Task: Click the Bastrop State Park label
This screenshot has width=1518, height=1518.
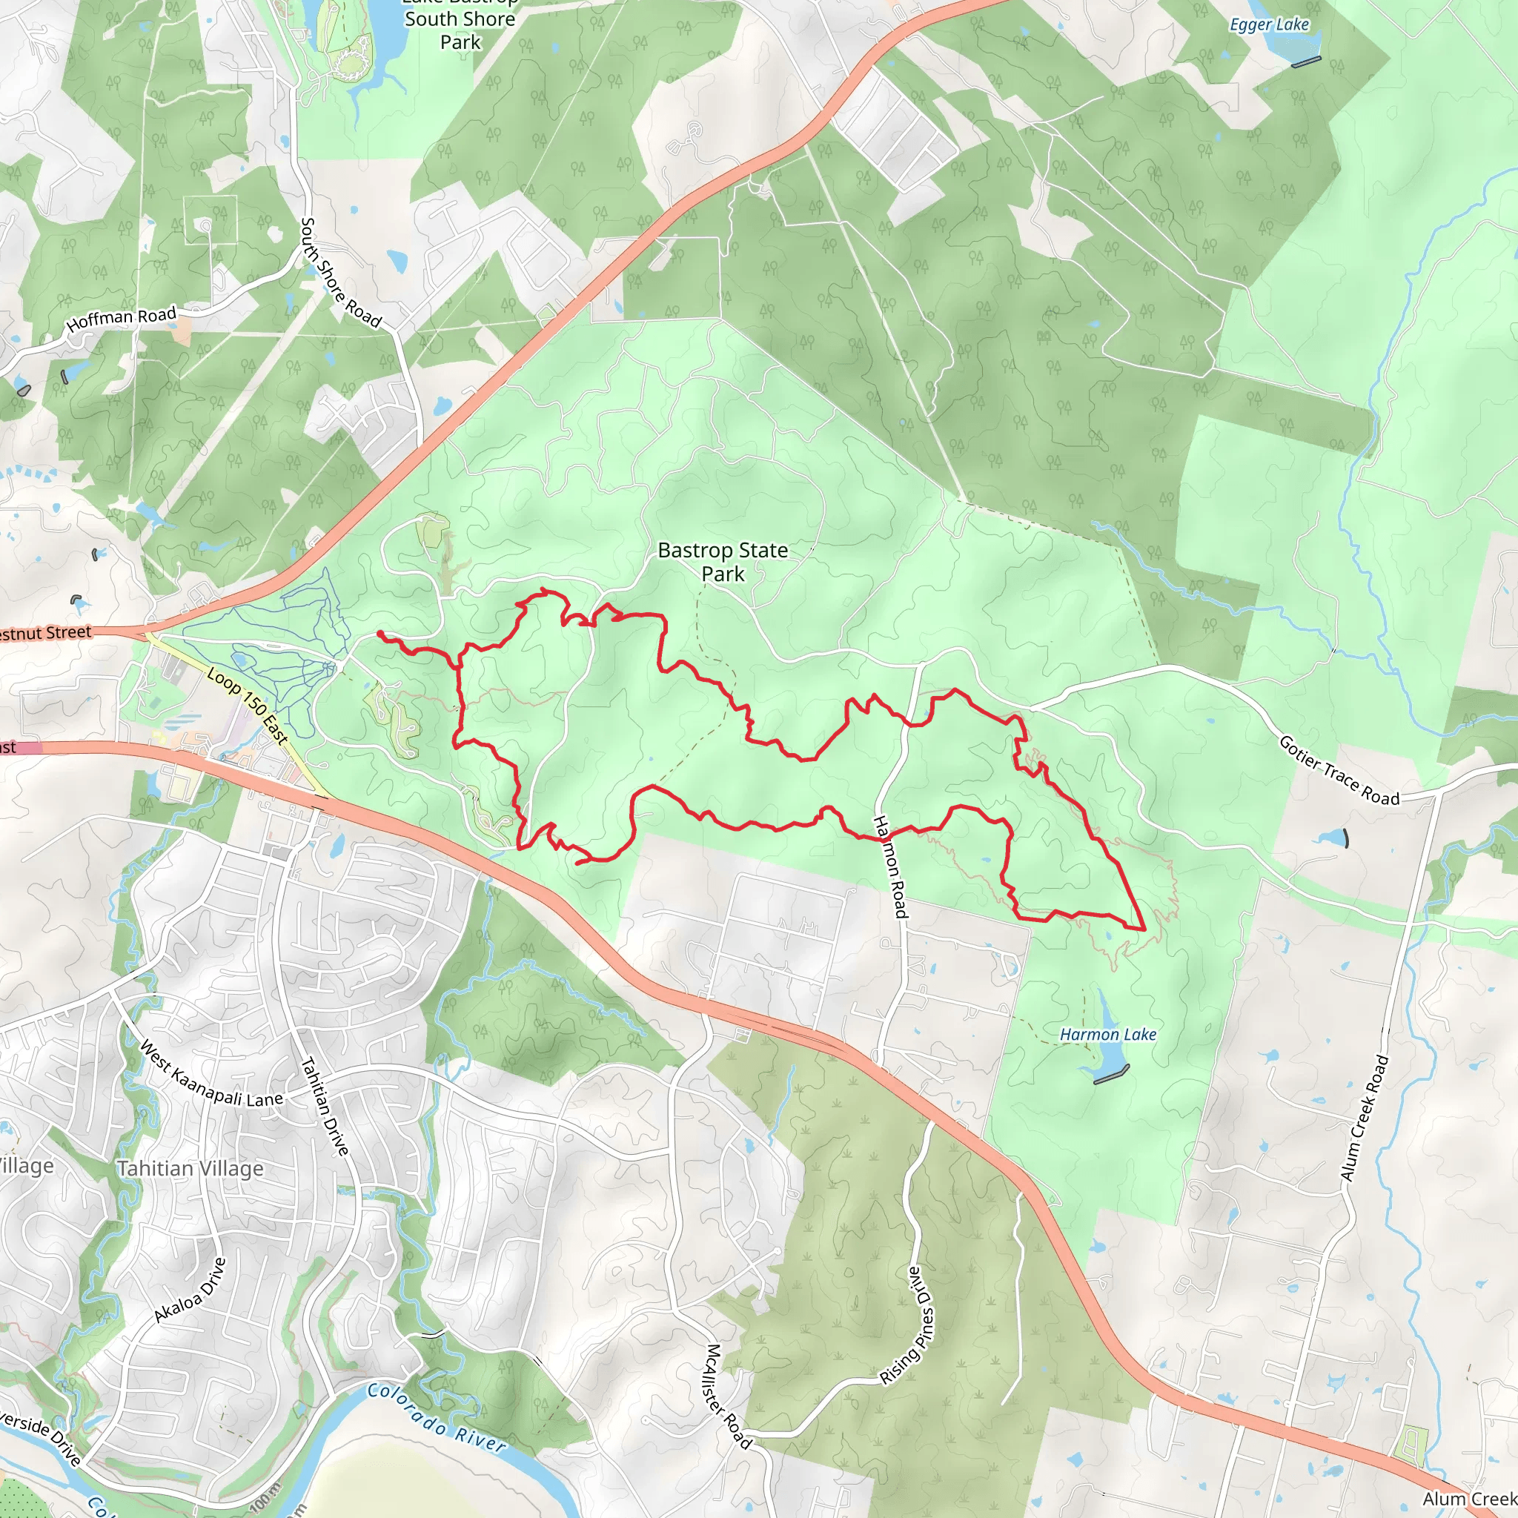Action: pos(722,562)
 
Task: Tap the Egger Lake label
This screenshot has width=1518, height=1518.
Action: pos(1269,25)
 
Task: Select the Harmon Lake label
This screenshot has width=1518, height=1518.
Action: pos(1108,1035)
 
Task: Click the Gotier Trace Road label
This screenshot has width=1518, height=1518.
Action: pos(1339,771)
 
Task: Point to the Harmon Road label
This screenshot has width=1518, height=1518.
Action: pos(890,866)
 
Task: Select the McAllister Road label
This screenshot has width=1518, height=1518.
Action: pos(729,1396)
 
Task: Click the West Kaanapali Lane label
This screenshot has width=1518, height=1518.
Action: pos(211,1074)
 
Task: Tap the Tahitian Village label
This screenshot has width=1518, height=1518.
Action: pos(190,1168)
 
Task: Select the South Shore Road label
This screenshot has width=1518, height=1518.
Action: pos(341,273)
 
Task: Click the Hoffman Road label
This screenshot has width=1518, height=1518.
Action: pos(122,319)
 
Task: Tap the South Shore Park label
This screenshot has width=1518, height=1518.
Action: pos(460,30)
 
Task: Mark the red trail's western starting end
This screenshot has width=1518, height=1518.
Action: pos(380,633)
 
